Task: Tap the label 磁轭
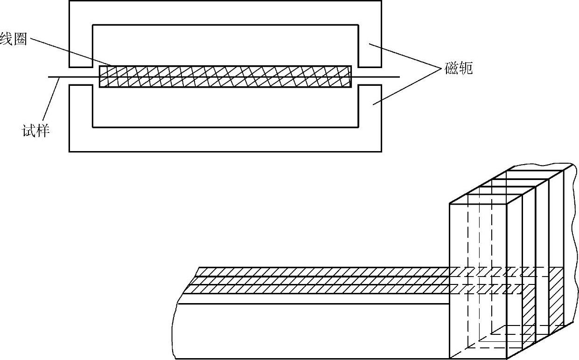(459, 69)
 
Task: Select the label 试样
(35, 131)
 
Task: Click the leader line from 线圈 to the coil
(70, 52)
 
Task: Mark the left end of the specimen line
(49, 76)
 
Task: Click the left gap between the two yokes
(81, 76)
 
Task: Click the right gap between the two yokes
(370, 76)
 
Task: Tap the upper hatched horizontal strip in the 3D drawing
(322, 271)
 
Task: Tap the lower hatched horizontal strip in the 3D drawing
(322, 289)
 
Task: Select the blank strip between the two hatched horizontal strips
(322, 280)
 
